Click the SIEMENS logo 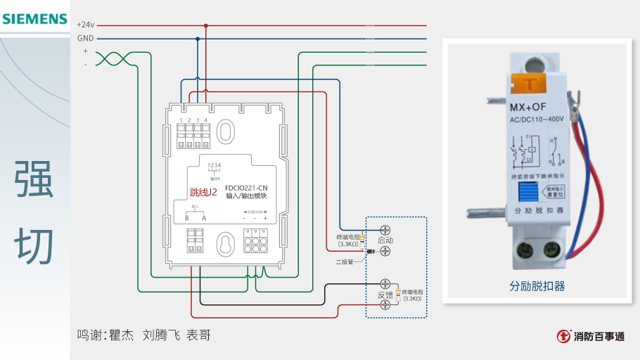tap(34, 18)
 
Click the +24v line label tap(85, 25)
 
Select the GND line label tap(85, 39)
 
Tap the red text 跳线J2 tap(204, 192)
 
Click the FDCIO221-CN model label tap(246, 188)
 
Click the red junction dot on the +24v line tap(206, 25)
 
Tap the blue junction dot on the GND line tap(198, 39)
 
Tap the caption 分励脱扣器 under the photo tap(537, 286)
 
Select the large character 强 tap(34, 180)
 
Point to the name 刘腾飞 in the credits tap(160, 335)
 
